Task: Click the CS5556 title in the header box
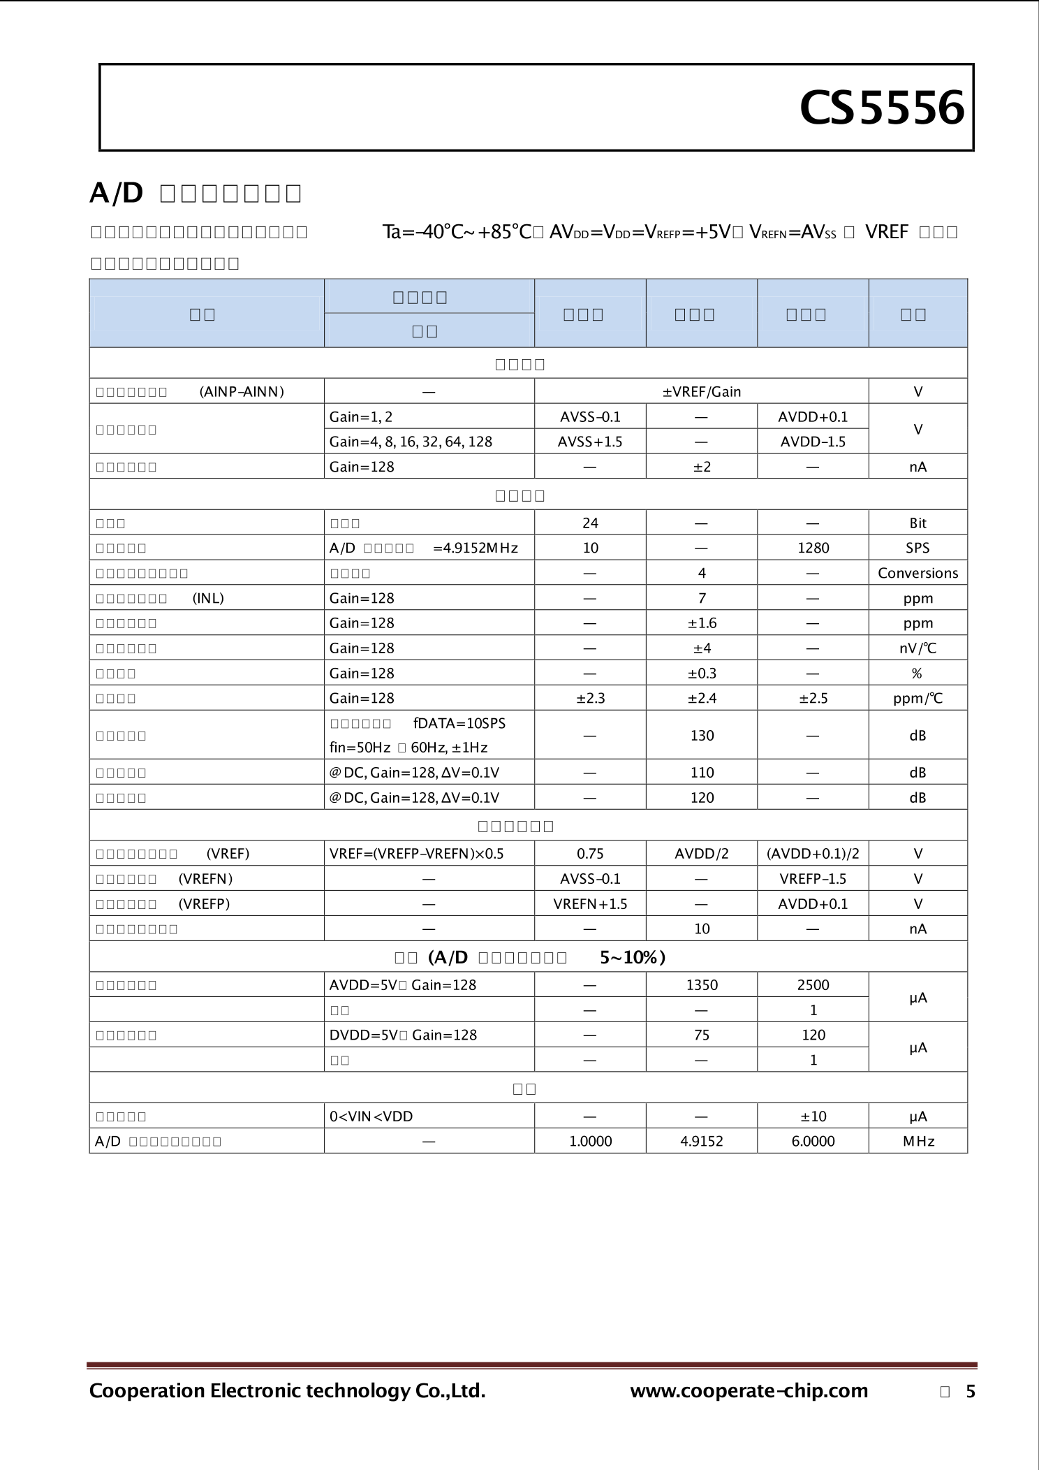click(882, 109)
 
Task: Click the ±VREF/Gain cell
click(701, 392)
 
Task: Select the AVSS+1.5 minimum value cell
click(590, 442)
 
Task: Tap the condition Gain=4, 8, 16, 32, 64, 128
click(411, 442)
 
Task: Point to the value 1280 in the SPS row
click(813, 548)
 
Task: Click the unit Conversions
click(918, 573)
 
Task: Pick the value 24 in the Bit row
click(590, 523)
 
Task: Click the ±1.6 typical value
click(702, 623)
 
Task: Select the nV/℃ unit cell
click(918, 648)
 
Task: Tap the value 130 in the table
click(702, 735)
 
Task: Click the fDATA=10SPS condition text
click(459, 723)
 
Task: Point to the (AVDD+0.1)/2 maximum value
click(813, 854)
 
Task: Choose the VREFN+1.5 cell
click(590, 904)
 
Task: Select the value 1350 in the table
click(702, 985)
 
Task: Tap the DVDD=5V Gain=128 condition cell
click(403, 1035)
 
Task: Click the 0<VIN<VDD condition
click(371, 1116)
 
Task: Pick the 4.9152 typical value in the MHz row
click(702, 1142)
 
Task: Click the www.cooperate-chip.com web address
click(749, 1391)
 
